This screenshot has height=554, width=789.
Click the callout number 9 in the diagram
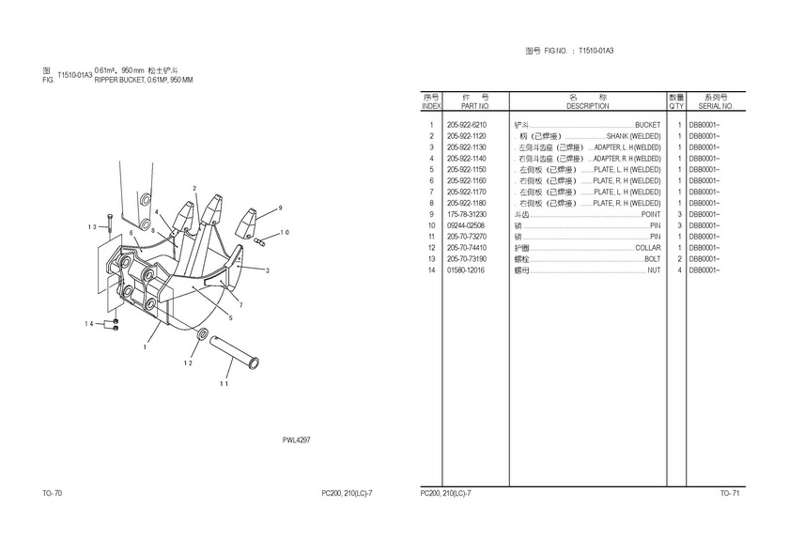(x=280, y=208)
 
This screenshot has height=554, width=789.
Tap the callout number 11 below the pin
(x=224, y=383)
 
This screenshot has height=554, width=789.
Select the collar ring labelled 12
(x=203, y=335)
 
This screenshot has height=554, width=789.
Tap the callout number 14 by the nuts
(x=89, y=324)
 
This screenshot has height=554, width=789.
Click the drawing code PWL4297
(x=297, y=439)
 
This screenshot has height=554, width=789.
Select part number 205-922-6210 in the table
(x=467, y=125)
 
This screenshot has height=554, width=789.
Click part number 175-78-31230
(x=467, y=214)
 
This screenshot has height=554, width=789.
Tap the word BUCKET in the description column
(x=648, y=125)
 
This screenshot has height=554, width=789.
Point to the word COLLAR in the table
(x=647, y=248)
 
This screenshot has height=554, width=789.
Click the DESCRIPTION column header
(x=587, y=106)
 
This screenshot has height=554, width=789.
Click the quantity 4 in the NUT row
(x=678, y=270)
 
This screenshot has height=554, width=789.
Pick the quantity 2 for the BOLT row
(x=678, y=259)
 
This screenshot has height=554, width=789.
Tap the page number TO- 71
(x=730, y=493)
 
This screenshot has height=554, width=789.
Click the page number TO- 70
(x=53, y=493)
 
